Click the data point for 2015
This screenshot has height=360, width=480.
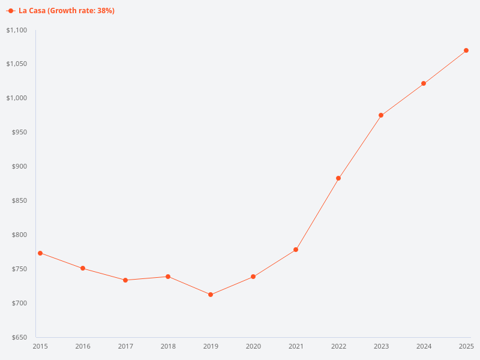pyautogui.click(x=40, y=253)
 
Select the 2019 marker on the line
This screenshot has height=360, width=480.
pyautogui.click(x=211, y=295)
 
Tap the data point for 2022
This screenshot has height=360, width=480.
pyautogui.click(x=338, y=178)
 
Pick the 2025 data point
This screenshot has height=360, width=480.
pyautogui.click(x=466, y=50)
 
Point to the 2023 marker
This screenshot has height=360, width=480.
pyautogui.click(x=381, y=115)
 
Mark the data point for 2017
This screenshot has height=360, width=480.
pyautogui.click(x=125, y=280)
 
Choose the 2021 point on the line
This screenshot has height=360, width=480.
pyautogui.click(x=296, y=250)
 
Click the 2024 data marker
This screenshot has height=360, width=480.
pyautogui.click(x=424, y=83)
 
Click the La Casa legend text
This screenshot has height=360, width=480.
pyautogui.click(x=67, y=11)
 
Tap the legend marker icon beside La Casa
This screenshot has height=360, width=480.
pyautogui.click(x=11, y=11)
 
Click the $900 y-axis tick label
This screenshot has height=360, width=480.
pyautogui.click(x=20, y=167)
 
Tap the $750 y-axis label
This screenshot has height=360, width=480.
pyautogui.click(x=20, y=269)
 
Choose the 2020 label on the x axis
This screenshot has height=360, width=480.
pyautogui.click(x=253, y=346)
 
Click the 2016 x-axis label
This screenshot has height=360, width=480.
pyautogui.click(x=83, y=346)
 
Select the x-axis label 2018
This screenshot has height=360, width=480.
pyautogui.click(x=168, y=346)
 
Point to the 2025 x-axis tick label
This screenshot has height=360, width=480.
pyautogui.click(x=466, y=346)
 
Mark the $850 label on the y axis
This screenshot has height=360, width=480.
pyautogui.click(x=20, y=201)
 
